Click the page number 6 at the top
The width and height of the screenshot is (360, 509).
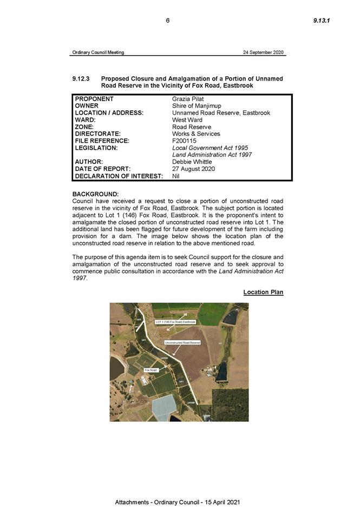168,21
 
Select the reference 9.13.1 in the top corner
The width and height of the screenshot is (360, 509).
322,21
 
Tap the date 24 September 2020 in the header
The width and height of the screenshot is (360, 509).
263,52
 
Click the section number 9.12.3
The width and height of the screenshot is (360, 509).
82,79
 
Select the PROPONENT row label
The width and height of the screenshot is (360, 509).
94,99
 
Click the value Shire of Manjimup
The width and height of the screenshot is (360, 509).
197,106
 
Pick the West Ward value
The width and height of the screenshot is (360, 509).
187,120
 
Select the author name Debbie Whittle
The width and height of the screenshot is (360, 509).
192,162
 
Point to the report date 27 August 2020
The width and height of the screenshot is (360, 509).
193,169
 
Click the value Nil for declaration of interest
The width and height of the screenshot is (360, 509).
176,176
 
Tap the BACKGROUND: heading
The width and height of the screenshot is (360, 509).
95,194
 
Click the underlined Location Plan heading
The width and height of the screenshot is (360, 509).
263,293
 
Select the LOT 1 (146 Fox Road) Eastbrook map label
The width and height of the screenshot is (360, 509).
175,322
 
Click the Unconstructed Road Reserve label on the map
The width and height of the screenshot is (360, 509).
182,342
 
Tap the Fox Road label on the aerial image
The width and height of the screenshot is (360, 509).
151,370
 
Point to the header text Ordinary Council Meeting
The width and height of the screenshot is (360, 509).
98,52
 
